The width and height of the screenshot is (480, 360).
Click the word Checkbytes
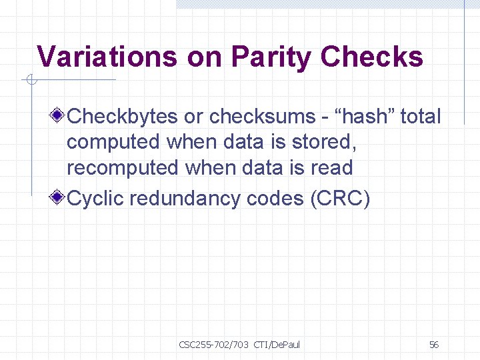(123, 117)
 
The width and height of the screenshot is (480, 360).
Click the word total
(421, 117)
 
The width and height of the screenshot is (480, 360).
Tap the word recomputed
(115, 167)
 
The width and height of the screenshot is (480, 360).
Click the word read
(331, 167)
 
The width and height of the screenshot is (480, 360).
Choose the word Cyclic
(96, 199)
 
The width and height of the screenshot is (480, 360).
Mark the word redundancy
(185, 199)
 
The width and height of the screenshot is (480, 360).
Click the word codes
(277, 199)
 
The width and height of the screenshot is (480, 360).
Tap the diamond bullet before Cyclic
(59, 198)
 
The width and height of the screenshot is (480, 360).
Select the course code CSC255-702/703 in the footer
(213, 345)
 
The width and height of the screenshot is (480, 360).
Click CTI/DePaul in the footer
(277, 345)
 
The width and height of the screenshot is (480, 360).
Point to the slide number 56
(434, 345)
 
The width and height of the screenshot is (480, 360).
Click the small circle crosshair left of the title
(30, 81)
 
